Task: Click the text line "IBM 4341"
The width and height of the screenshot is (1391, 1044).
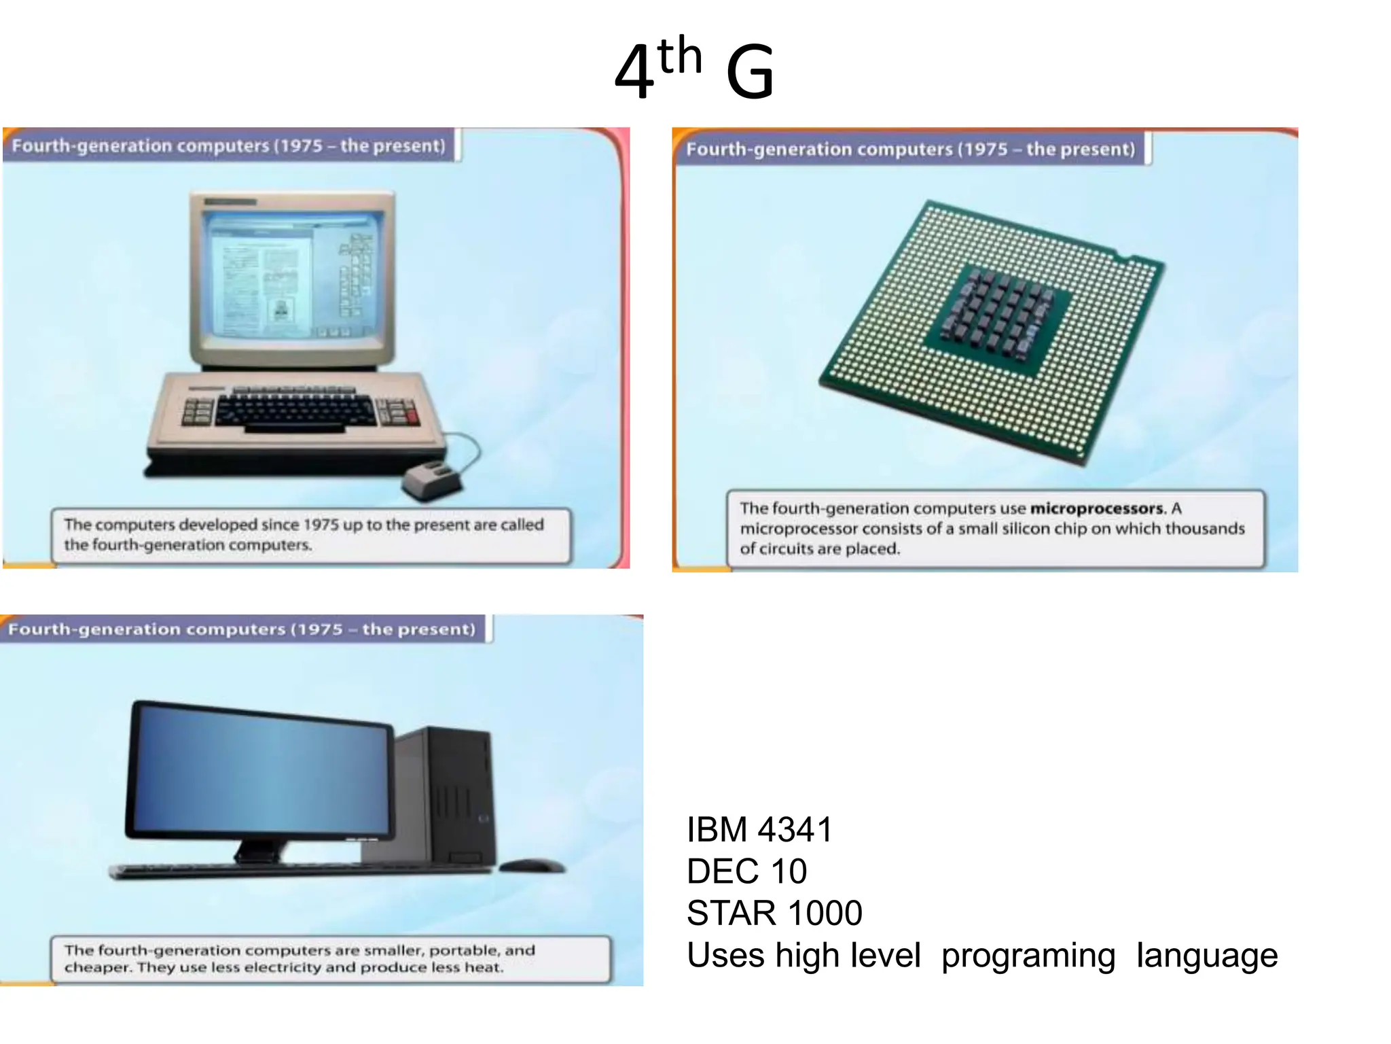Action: (759, 830)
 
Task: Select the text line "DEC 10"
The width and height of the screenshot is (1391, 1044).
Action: (746, 871)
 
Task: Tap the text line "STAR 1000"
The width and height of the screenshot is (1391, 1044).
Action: (774, 913)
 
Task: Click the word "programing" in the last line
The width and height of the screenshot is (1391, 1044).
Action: (1028, 956)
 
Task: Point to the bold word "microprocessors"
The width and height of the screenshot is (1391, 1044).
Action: (1096, 508)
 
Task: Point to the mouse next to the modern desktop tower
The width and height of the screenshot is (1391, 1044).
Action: (531, 865)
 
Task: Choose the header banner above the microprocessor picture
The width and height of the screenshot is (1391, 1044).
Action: (910, 149)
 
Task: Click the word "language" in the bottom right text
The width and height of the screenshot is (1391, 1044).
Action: (1207, 956)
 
